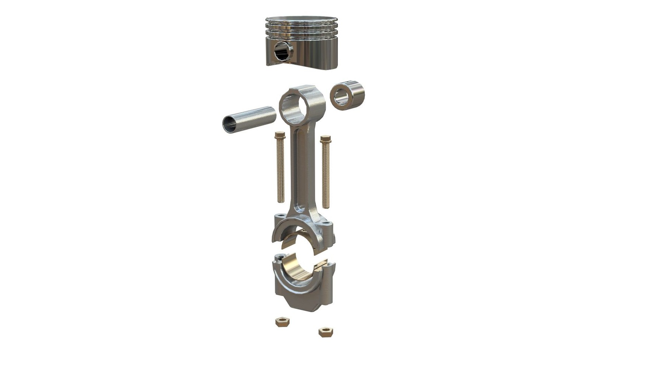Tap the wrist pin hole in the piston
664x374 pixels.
(x=283, y=52)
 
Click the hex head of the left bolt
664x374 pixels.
(x=280, y=135)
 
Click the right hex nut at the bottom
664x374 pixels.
(x=326, y=332)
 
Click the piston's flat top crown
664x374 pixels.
(x=301, y=18)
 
